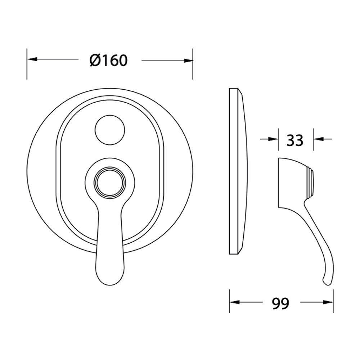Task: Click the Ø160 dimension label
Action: click(x=108, y=60)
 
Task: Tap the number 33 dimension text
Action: click(x=295, y=140)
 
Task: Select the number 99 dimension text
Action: click(x=280, y=303)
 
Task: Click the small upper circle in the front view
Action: click(x=110, y=130)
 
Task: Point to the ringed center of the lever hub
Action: click(x=110, y=183)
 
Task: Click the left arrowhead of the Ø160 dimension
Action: click(x=32, y=59)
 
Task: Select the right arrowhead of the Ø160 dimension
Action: click(x=188, y=61)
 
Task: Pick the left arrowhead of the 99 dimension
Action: click(x=235, y=302)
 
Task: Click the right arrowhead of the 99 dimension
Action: click(x=328, y=302)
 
